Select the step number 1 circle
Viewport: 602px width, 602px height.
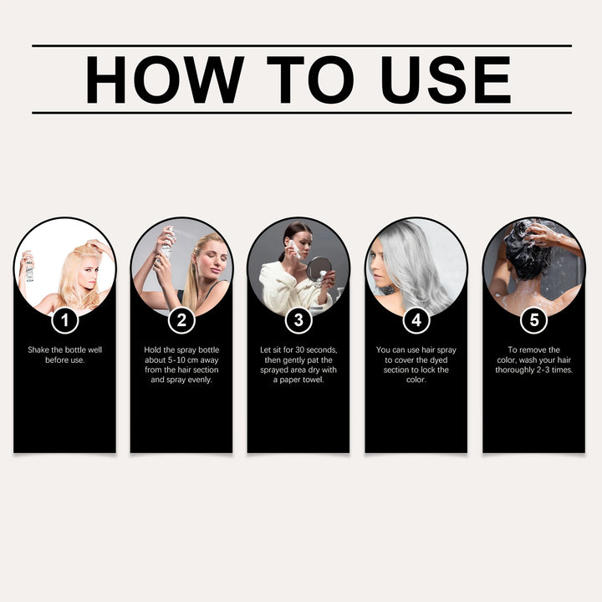(x=65, y=320)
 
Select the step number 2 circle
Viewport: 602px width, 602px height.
(x=182, y=320)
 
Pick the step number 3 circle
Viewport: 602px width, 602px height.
(x=299, y=320)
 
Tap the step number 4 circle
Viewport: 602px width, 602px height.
(x=416, y=320)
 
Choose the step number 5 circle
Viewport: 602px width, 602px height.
(x=533, y=320)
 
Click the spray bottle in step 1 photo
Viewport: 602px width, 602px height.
(x=29, y=268)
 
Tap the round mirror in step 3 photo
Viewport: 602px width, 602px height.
(x=319, y=268)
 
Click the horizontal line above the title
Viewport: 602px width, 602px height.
(x=301, y=45)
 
